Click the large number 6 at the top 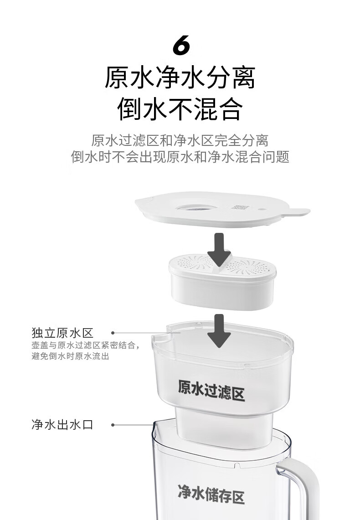(x=181, y=45)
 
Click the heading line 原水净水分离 (x=180, y=77)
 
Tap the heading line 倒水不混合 (x=180, y=108)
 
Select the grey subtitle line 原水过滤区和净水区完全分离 (x=180, y=140)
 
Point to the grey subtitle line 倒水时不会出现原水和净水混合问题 (x=180, y=156)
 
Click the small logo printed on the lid (x=240, y=206)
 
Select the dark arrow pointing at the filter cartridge (x=219, y=249)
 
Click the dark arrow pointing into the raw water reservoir (x=219, y=330)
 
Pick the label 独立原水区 (x=62, y=333)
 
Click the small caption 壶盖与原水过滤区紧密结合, (x=86, y=345)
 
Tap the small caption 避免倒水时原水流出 (x=70, y=356)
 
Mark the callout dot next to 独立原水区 (x=113, y=333)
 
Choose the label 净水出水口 (x=62, y=424)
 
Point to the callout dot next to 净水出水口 (x=113, y=424)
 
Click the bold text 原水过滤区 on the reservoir (x=211, y=390)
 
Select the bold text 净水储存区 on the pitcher (x=211, y=493)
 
